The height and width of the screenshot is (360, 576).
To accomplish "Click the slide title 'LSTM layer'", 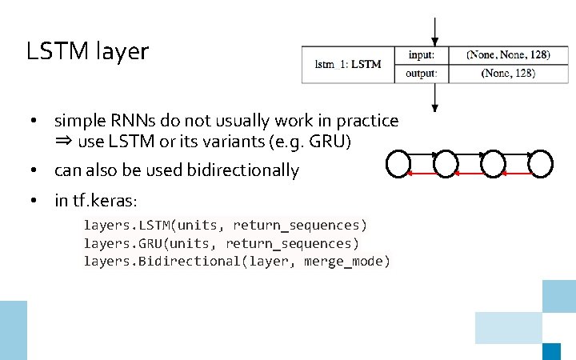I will coord(87,52).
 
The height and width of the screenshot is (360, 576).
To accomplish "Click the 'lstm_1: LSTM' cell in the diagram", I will coord(348,64).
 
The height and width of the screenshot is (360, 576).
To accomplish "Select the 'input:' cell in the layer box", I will coord(422,54).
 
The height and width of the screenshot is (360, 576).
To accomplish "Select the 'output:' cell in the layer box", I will coord(422,74).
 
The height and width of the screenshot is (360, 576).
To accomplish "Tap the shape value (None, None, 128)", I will coord(508,54).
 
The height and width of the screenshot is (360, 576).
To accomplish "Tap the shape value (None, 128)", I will coord(508,74).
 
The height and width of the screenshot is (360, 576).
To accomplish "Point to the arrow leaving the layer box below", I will coord(434,97).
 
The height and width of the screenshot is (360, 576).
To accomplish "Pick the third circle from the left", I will coord(494,163).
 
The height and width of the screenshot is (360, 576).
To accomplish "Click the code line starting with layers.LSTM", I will coord(226,225).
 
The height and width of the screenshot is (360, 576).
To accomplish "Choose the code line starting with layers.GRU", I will coord(222,243).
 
